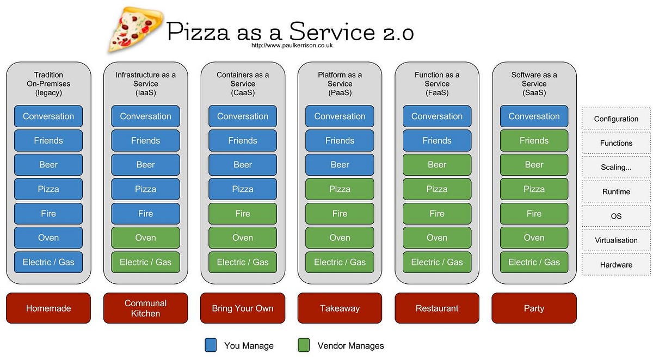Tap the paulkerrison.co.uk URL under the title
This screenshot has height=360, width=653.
point(292,46)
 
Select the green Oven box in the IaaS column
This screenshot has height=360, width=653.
point(145,238)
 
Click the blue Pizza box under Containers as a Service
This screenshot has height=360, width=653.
point(243,189)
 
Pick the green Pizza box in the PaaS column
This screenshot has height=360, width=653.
point(340,189)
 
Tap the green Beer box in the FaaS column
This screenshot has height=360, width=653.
point(437,165)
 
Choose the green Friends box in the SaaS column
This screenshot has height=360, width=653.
point(534,140)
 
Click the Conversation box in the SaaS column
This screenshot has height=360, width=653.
point(534,116)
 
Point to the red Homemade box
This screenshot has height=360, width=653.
point(48,308)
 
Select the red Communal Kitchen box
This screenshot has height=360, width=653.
point(145,308)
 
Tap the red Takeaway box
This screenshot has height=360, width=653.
point(340,308)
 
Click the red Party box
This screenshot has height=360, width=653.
point(534,308)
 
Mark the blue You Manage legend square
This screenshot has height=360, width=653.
point(211,345)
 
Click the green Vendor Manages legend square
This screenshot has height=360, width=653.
point(304,345)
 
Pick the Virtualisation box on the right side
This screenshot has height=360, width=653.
point(616,240)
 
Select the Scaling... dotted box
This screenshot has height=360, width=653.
point(616,167)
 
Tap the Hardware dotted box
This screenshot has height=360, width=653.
point(616,265)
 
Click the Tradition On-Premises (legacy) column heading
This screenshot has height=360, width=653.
point(48,84)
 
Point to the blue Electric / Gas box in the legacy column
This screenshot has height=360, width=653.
point(48,262)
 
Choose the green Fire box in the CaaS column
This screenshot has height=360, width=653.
point(243,214)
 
